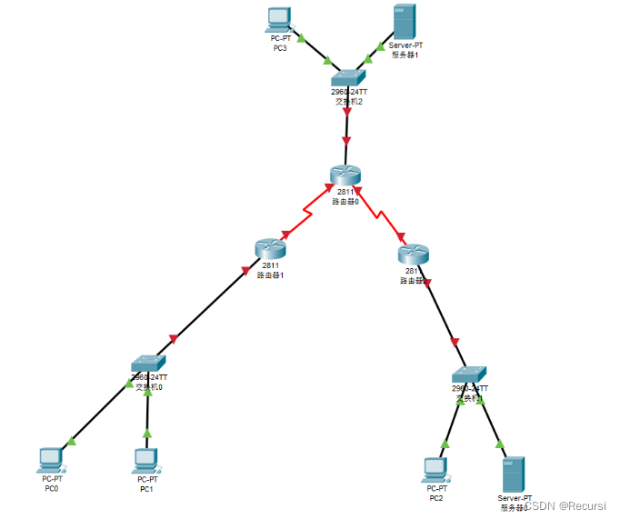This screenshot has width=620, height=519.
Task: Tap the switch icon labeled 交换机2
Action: [348, 79]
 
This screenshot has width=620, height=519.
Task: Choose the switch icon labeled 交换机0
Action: [148, 364]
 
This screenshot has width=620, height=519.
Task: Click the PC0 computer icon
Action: [51, 459]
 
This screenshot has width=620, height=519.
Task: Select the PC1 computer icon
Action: [146, 460]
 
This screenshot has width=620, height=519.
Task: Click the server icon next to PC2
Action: [514, 474]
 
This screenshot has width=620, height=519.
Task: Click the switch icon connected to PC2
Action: [470, 374]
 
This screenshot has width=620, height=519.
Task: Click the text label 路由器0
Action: [345, 201]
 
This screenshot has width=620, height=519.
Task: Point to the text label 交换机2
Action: [349, 102]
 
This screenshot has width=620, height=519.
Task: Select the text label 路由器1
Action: [271, 274]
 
